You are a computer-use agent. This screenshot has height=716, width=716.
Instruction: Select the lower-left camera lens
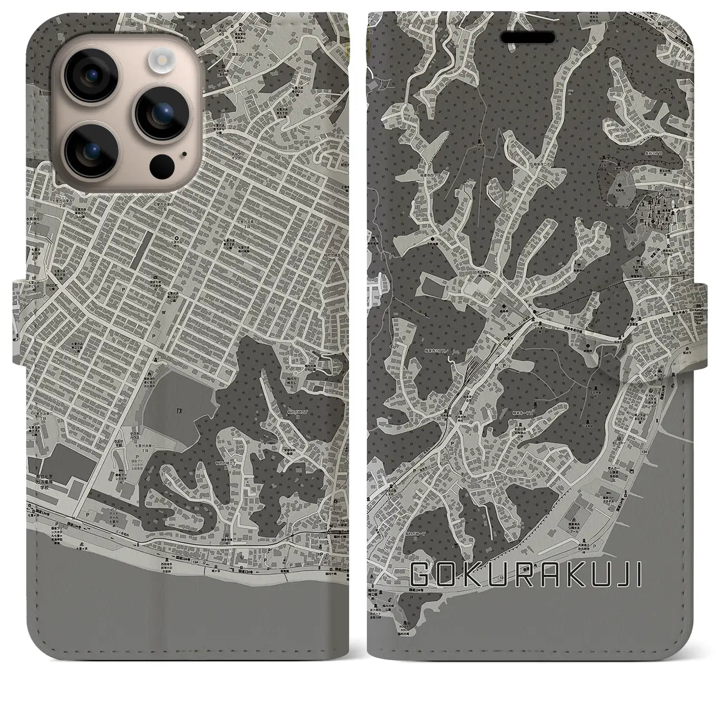[91, 149]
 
